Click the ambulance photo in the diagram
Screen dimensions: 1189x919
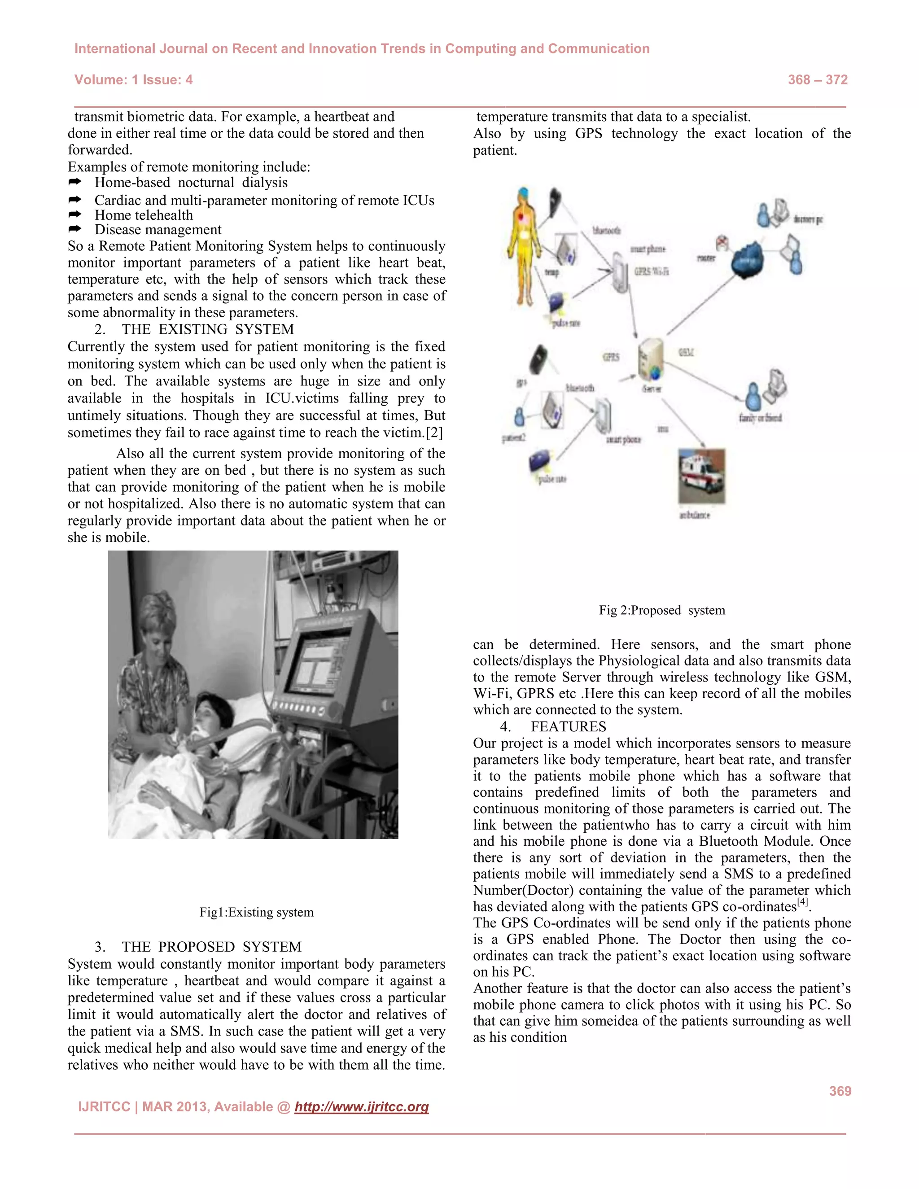click(x=701, y=476)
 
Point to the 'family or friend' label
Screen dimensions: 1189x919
click(x=760, y=418)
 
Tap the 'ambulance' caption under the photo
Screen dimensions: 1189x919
click(x=695, y=515)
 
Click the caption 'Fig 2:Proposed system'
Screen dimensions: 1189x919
click(x=661, y=610)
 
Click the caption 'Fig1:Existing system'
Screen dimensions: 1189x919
click(x=256, y=912)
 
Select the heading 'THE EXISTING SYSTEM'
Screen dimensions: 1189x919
click(x=207, y=329)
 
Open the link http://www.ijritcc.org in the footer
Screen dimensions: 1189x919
click(x=362, y=1107)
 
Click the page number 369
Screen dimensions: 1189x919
click(x=840, y=1091)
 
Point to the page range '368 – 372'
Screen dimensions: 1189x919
click(x=817, y=80)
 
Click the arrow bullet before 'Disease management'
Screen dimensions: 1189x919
click(x=74, y=229)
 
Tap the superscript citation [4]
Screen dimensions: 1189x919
click(x=802, y=902)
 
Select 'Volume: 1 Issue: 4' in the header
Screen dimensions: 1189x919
click(x=133, y=80)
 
